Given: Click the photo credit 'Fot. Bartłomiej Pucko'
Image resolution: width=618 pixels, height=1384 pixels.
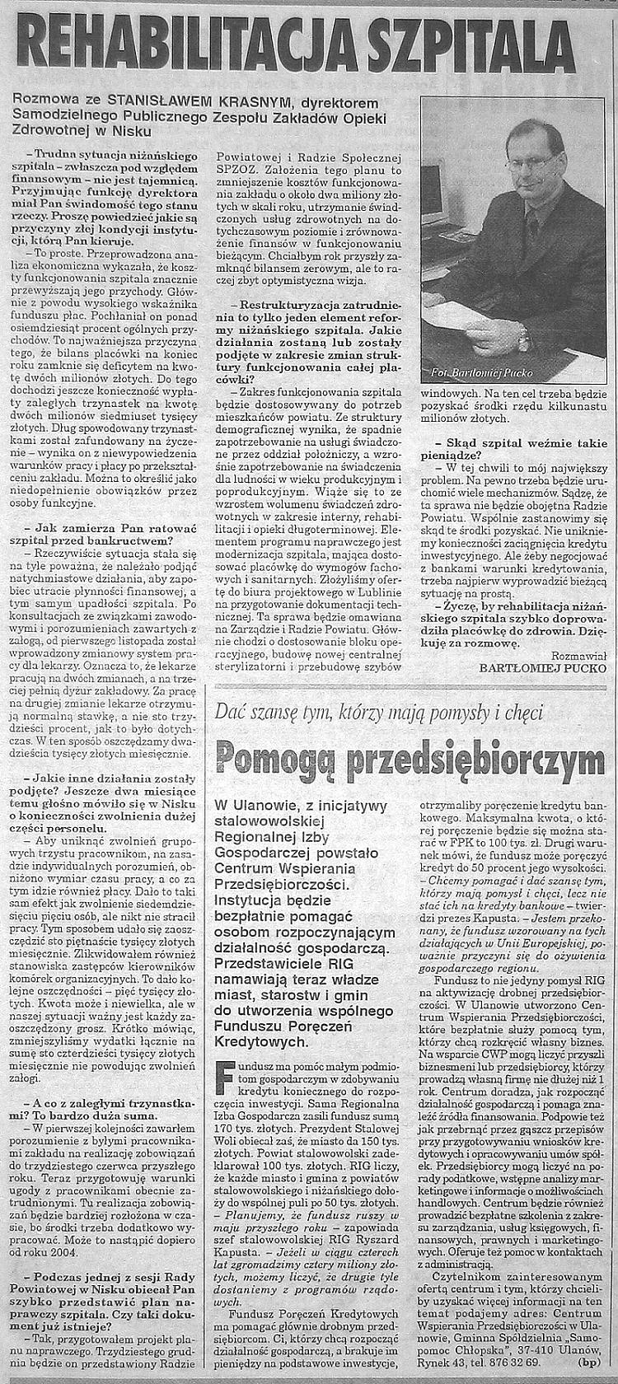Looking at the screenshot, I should click(482, 372).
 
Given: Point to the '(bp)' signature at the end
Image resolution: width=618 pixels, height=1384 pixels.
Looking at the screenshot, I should click(591, 1362).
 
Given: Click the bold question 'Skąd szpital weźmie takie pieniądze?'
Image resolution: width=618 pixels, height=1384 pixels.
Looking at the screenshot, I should click(513, 447).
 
